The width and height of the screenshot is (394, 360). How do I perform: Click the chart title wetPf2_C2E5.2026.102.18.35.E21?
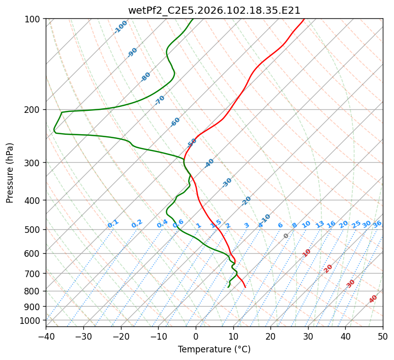pos(214,10)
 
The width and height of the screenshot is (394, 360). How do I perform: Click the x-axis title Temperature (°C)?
pos(214,349)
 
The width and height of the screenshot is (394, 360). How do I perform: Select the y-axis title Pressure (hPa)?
pos(10,173)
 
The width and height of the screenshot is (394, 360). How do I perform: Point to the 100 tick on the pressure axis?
pos(33,19)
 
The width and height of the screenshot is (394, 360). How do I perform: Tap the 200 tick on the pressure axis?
pos(33,109)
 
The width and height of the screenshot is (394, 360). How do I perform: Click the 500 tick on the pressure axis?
pos(33,229)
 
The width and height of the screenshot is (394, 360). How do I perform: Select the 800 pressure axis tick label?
pos(33,291)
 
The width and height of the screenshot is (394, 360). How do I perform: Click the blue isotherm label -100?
pos(121,27)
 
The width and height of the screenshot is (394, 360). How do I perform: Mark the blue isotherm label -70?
pos(160,100)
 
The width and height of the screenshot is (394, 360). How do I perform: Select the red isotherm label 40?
pos(373,299)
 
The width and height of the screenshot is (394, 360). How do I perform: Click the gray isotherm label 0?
pos(286,236)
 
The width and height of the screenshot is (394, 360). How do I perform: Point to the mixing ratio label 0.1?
pos(113,223)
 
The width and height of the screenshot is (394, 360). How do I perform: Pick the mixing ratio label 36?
pos(377,224)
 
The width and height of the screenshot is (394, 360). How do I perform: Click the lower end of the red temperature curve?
pos(245,287)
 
